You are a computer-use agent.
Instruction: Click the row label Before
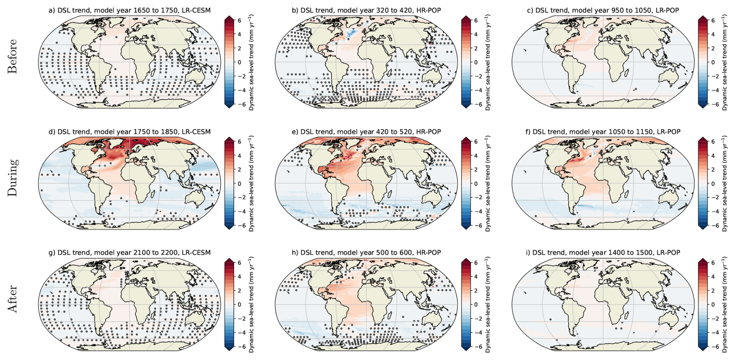(x=12, y=56)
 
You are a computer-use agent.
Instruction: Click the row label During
(x=12, y=177)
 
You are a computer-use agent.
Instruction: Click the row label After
(x=12, y=299)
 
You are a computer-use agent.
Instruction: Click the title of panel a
(x=129, y=10)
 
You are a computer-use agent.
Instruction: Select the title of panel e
(x=366, y=132)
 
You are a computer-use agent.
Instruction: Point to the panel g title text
(x=129, y=253)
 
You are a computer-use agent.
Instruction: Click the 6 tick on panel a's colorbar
(x=239, y=21)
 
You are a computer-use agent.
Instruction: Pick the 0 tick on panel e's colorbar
(x=476, y=184)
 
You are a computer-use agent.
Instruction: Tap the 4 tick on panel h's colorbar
(x=476, y=277)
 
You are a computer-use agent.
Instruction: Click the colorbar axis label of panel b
(x=488, y=63)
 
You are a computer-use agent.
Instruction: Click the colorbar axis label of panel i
(x=725, y=305)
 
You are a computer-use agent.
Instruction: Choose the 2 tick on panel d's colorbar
(x=239, y=170)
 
